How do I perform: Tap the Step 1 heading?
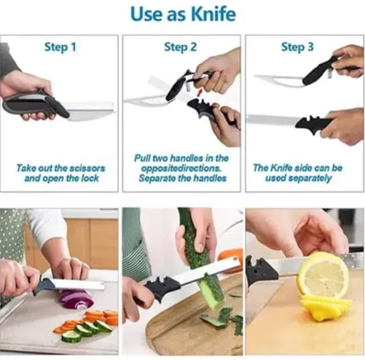(60, 46)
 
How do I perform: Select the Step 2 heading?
(180, 47)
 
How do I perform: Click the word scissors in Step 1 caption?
(86, 168)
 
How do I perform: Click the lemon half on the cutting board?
(322, 275)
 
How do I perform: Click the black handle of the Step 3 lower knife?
(313, 123)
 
